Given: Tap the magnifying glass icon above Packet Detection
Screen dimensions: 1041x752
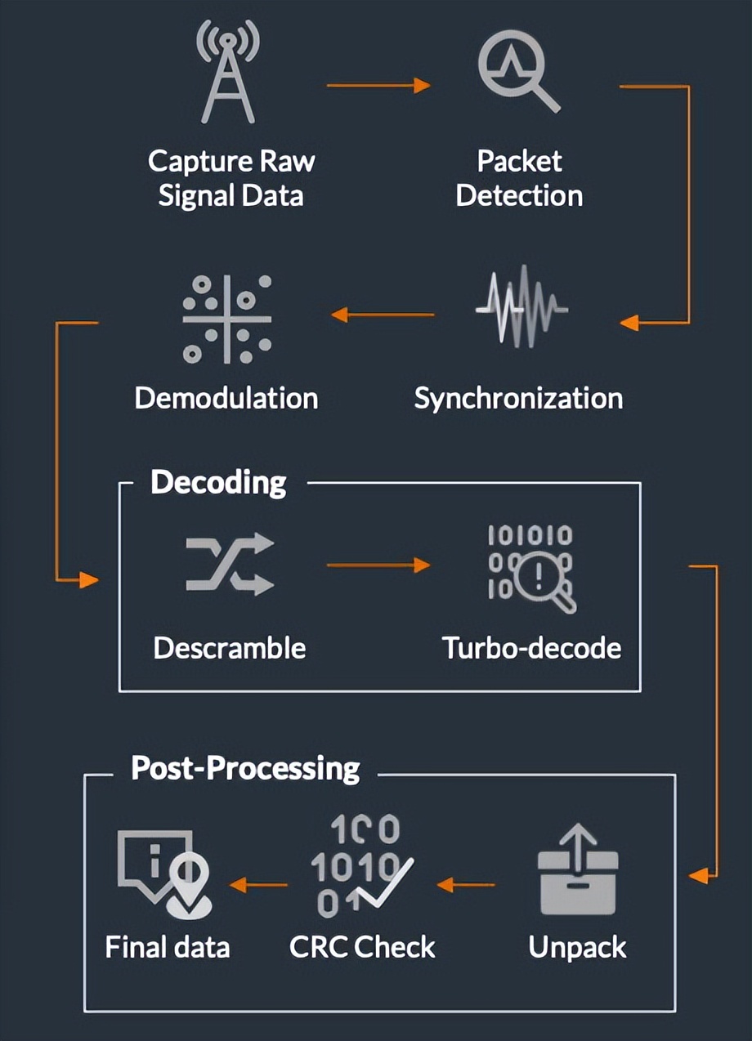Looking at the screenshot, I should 519,75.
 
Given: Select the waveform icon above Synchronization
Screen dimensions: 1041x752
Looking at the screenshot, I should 521,310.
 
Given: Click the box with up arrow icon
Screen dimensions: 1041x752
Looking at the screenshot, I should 579,869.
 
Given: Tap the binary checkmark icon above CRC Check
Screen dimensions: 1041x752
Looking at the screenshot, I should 360,867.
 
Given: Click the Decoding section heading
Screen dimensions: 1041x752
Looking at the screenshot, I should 218,482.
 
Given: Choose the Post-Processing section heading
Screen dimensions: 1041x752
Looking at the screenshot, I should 245,768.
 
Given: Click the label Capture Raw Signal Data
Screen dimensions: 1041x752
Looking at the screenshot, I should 231,178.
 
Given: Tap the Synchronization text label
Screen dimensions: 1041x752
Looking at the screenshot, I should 518,398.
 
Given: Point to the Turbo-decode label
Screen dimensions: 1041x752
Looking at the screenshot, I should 532,648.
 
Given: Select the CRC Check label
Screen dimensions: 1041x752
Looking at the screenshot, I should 362,947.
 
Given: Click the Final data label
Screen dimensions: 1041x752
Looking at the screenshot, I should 168,947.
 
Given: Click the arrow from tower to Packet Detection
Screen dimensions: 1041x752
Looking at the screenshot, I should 378,86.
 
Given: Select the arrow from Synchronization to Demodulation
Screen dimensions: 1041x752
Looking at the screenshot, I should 383,315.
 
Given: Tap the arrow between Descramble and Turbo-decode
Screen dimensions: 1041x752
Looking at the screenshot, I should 378,565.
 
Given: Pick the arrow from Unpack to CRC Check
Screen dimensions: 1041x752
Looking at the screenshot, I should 466,884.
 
